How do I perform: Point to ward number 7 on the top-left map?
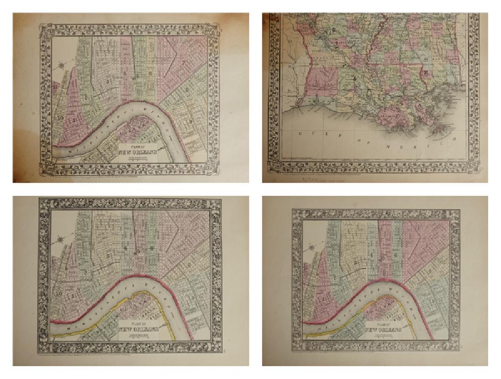pyautogui.click(x=184, y=62)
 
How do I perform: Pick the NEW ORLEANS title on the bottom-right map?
pyautogui.click(x=384, y=330)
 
